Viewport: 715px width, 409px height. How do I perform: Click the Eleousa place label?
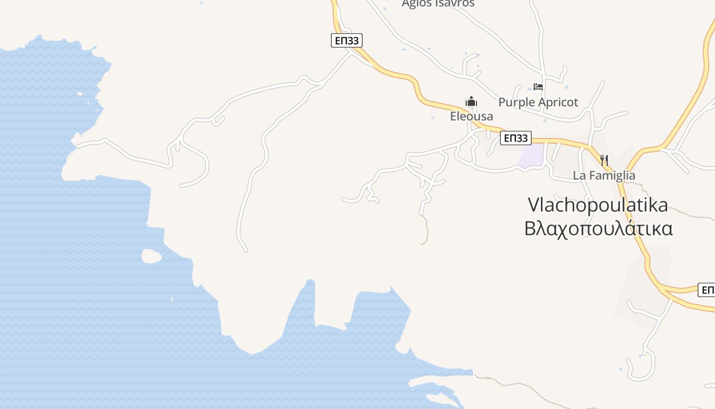[x=471, y=117]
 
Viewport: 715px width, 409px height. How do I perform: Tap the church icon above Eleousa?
[x=471, y=101]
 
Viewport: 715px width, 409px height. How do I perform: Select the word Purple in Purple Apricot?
[x=515, y=102]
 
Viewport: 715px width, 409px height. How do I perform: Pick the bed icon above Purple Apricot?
[x=538, y=87]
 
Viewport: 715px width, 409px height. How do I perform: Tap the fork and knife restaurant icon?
[x=604, y=161]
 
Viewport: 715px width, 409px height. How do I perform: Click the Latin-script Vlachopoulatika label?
[x=598, y=204]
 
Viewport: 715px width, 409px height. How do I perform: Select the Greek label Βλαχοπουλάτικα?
[x=598, y=228]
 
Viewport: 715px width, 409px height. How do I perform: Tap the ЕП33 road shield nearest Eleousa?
[x=515, y=138]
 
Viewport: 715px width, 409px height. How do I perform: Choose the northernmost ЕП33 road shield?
[x=346, y=41]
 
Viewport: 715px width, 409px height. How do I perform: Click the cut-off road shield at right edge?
[x=707, y=290]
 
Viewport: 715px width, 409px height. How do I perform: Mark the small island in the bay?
[x=151, y=256]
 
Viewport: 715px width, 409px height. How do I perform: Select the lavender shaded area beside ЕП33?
[x=531, y=155]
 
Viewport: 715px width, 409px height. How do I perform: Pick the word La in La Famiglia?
[x=578, y=175]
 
